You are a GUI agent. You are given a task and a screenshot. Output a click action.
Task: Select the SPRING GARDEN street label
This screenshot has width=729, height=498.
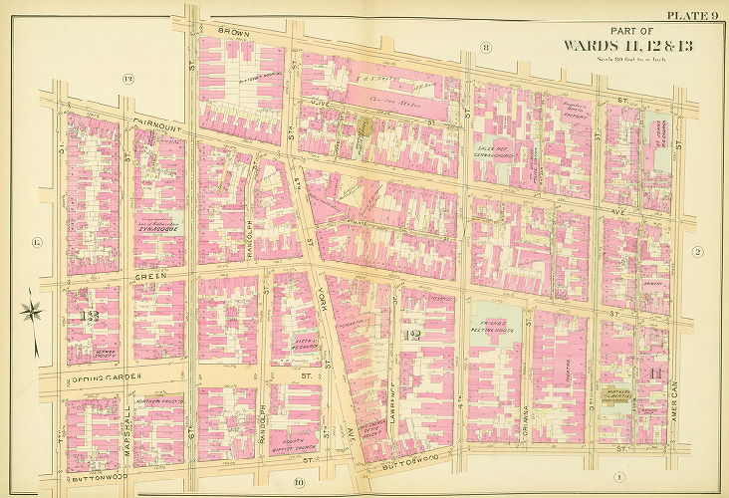pyautogui.click(x=100, y=376)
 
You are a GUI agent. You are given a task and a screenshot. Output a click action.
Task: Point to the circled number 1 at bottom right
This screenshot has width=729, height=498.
pyautogui.click(x=618, y=475)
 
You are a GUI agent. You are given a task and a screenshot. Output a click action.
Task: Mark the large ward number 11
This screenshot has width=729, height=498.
pyautogui.click(x=654, y=373)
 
